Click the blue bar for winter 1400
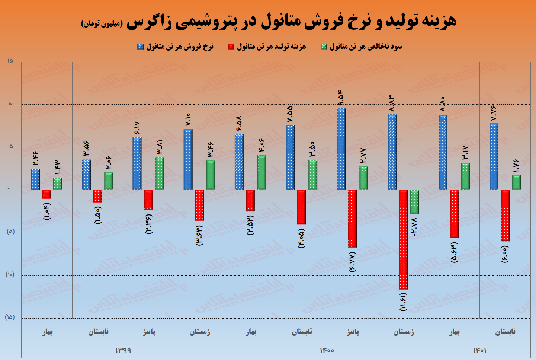392,152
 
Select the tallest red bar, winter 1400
403,240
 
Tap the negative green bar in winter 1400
415,202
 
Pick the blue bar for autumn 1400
341,149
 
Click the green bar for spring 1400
261,173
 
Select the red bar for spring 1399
46,194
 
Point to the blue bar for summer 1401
494,157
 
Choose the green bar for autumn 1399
160,173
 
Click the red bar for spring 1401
454,214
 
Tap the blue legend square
140,47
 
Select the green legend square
324,47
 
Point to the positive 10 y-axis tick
10,103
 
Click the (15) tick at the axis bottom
10,317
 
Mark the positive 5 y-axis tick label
10,146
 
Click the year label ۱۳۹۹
123,350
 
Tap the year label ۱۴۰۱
480,350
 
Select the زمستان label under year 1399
200,332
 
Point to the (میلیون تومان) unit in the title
102,23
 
